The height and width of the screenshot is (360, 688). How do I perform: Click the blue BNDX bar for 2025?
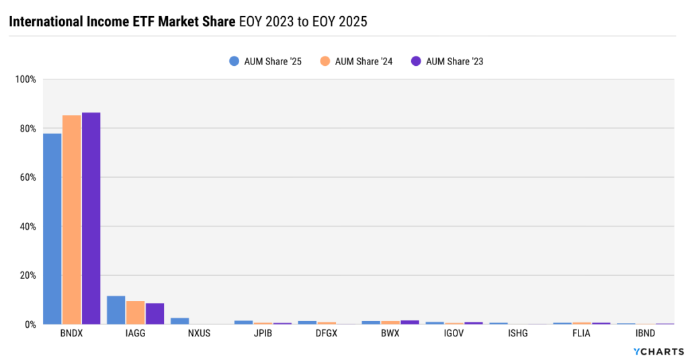[x=52, y=228]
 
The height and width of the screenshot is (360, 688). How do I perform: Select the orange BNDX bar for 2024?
[x=72, y=220]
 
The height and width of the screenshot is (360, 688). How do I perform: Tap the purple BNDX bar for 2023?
[x=91, y=218]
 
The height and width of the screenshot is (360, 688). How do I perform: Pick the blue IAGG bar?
[x=116, y=310]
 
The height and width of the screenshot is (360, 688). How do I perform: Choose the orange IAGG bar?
[x=135, y=312]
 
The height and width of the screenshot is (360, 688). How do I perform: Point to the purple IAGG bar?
[x=155, y=314]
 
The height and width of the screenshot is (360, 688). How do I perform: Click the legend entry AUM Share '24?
[x=356, y=61]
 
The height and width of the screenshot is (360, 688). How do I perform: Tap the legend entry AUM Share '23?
[x=447, y=61]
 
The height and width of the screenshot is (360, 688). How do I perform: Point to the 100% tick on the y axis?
[x=26, y=79]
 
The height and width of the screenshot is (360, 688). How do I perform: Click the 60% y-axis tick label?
[x=27, y=177]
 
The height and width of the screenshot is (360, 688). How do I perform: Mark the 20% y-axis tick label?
[x=27, y=275]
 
